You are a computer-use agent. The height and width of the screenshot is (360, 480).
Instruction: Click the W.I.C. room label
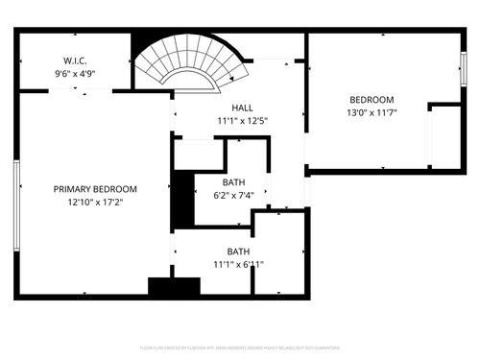point(75,60)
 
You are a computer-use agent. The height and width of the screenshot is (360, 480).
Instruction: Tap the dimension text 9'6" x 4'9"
point(75,73)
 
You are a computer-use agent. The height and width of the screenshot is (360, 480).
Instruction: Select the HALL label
point(242,108)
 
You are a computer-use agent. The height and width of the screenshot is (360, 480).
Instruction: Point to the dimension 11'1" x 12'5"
point(242,121)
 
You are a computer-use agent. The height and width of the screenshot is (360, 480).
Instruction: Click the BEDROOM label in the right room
point(371,100)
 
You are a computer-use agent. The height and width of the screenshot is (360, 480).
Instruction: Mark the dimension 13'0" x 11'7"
point(371,112)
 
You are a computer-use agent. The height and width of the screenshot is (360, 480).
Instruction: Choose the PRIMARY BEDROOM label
point(95,189)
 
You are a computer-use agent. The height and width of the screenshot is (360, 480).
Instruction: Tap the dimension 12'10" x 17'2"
point(95,203)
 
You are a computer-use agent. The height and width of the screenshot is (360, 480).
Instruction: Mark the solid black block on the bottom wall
point(174,286)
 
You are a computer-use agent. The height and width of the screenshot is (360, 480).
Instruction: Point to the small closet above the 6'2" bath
point(199,154)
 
